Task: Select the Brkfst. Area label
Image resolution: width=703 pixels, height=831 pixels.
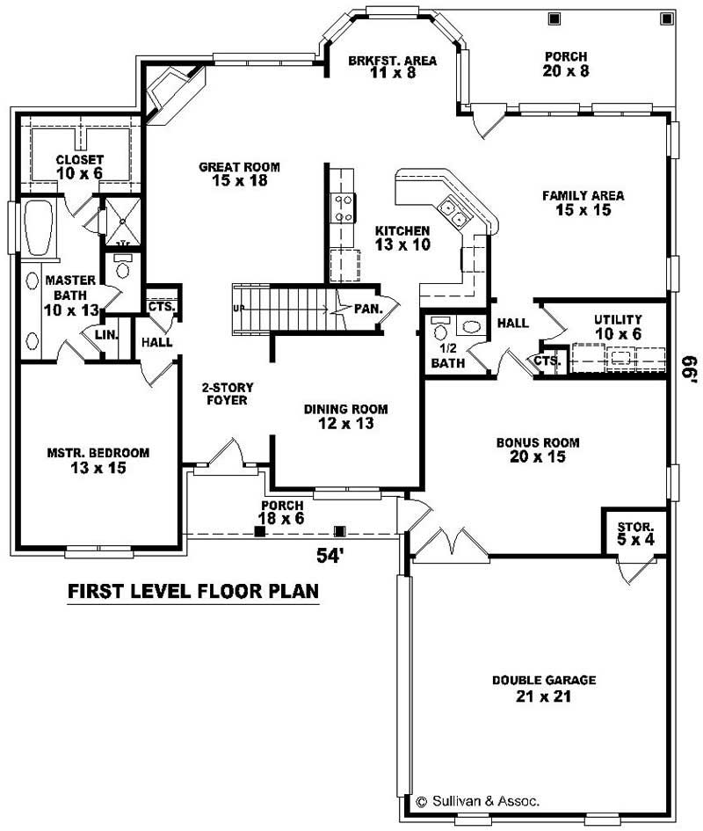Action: click(380, 66)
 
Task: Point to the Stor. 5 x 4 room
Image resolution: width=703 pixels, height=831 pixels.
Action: click(634, 532)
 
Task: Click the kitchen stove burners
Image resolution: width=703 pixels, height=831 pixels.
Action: click(342, 208)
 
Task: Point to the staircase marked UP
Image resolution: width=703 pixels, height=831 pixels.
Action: click(281, 308)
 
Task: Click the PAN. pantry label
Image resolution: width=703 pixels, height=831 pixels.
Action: click(366, 309)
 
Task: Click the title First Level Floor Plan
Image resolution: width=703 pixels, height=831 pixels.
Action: click(193, 591)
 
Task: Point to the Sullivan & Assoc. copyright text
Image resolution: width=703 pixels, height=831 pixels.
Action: click(477, 801)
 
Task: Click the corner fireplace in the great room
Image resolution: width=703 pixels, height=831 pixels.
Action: click(167, 93)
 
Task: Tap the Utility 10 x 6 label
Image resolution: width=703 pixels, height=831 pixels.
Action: click(618, 326)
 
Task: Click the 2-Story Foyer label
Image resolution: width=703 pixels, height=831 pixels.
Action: click(224, 393)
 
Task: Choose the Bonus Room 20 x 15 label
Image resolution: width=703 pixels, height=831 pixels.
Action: click(537, 449)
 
